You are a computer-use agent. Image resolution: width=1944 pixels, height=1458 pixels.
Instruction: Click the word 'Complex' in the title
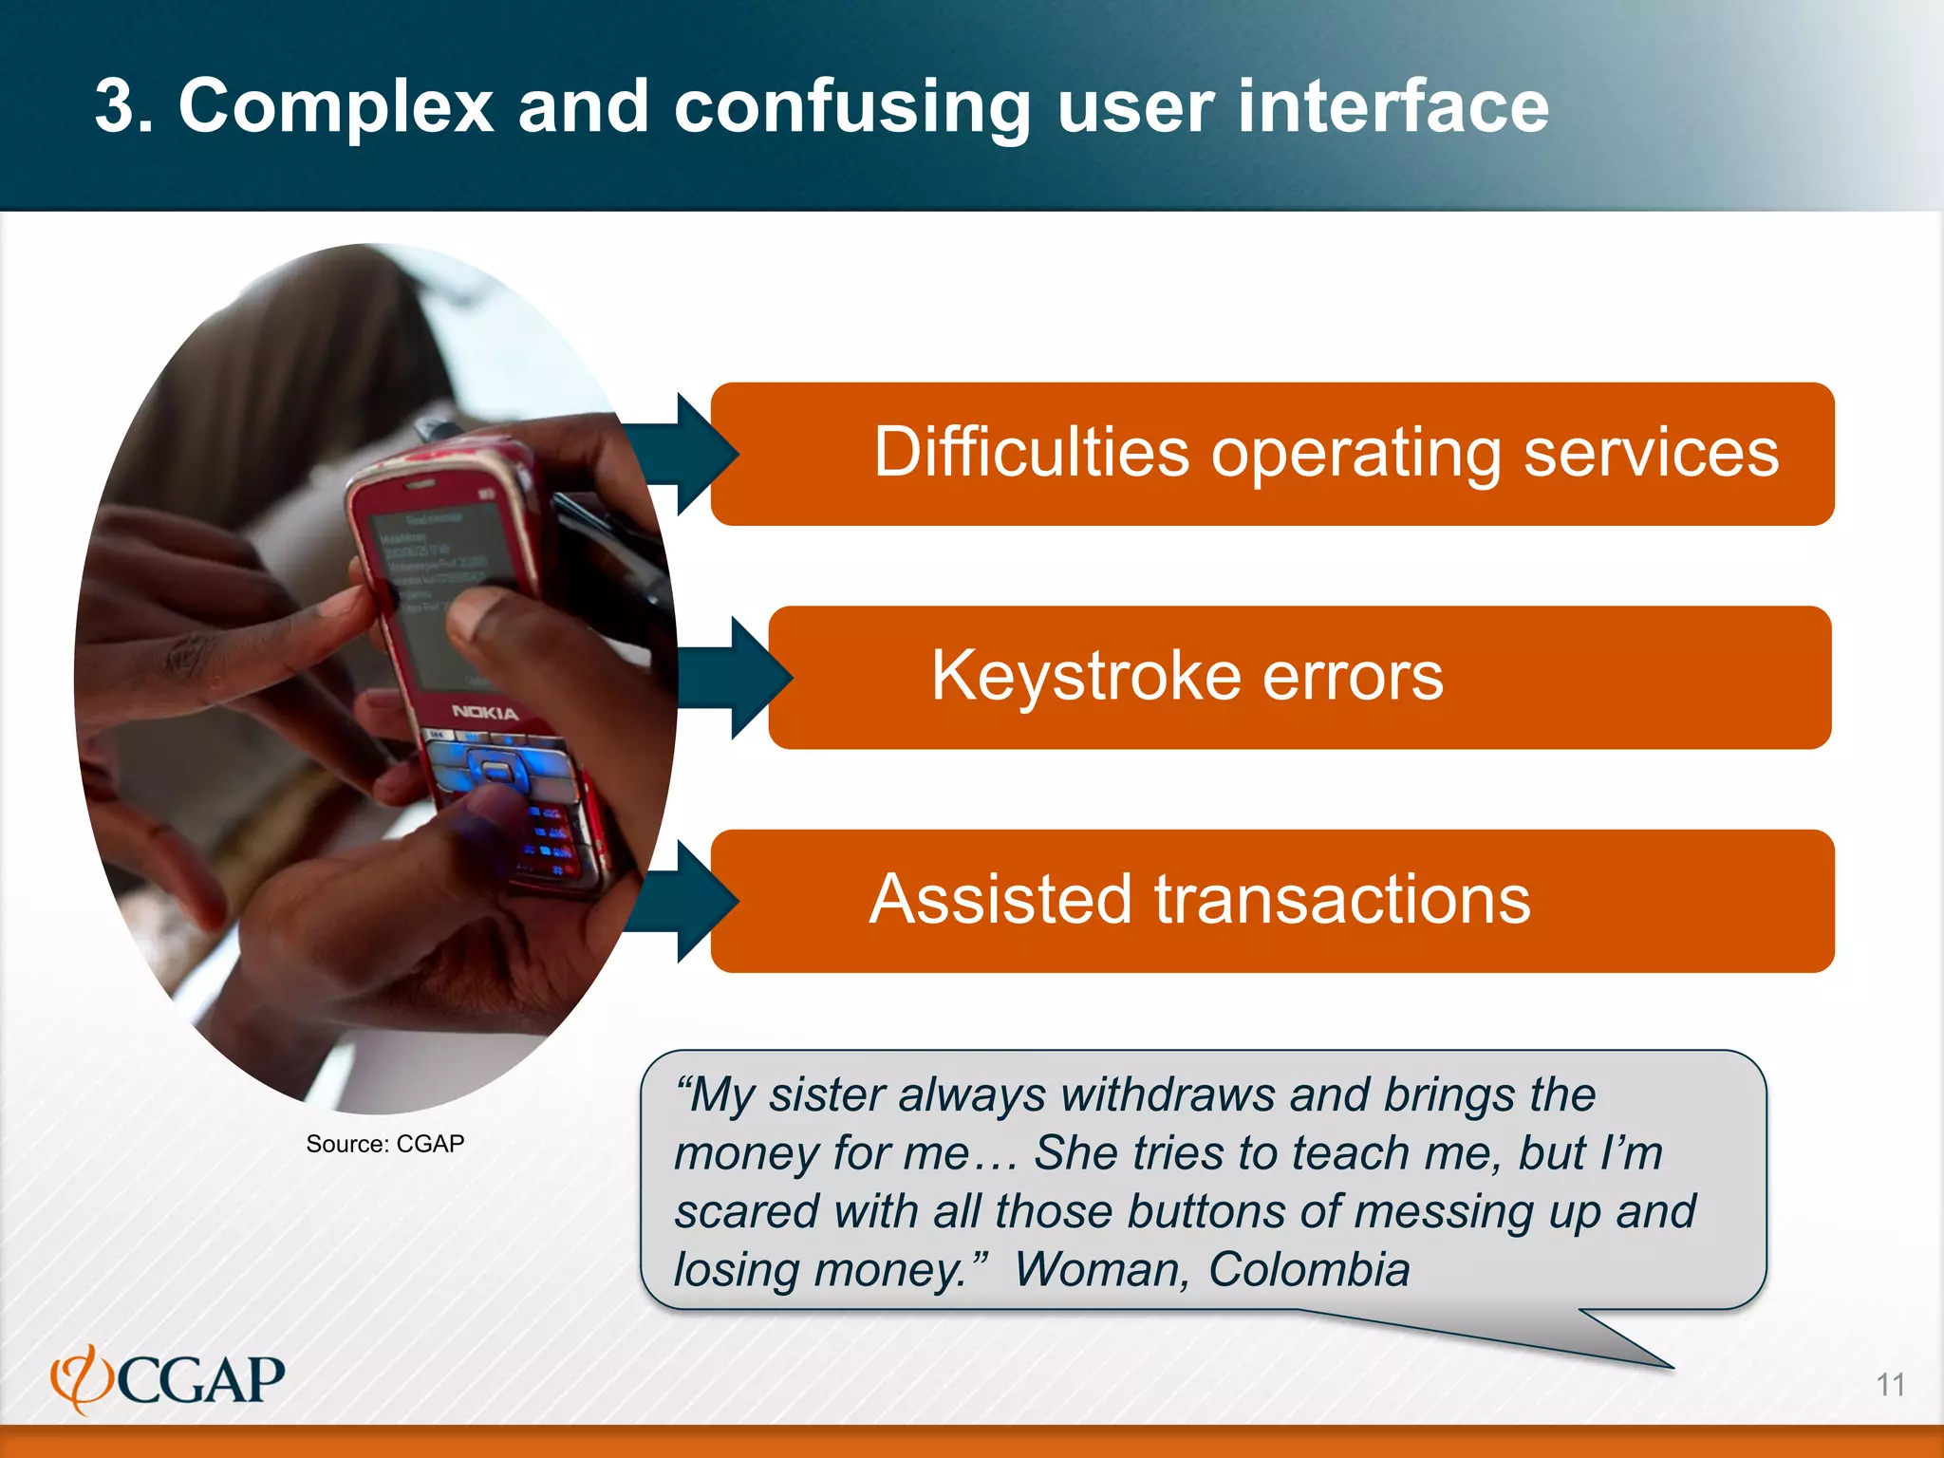(335, 106)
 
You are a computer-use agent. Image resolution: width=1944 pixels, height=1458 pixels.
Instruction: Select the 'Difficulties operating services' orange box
(1272, 454)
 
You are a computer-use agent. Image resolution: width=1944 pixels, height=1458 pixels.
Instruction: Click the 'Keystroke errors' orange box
(1299, 678)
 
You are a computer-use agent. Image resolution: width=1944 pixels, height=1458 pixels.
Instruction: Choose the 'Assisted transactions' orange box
(1272, 901)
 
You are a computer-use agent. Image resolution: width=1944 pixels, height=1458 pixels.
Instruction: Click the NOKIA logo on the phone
(484, 712)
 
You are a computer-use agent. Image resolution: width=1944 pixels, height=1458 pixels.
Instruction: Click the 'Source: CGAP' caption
(384, 1144)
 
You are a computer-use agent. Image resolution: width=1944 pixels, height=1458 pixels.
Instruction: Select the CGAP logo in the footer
(168, 1379)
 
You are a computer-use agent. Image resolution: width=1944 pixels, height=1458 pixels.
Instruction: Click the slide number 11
(1890, 1385)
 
